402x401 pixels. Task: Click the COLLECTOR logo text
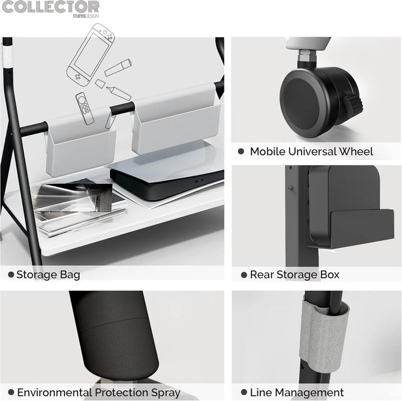click(50, 7)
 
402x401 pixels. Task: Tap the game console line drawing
click(90, 54)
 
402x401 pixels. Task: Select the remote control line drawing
click(85, 108)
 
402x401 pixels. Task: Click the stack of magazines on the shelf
click(79, 205)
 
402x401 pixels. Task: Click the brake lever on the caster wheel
click(353, 106)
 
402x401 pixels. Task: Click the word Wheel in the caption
click(356, 152)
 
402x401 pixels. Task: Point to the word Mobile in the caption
click(267, 152)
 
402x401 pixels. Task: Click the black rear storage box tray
click(362, 229)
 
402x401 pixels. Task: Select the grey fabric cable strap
click(324, 334)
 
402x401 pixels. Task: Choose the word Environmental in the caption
click(54, 393)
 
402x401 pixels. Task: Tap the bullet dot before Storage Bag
click(11, 275)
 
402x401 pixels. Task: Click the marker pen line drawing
click(118, 67)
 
